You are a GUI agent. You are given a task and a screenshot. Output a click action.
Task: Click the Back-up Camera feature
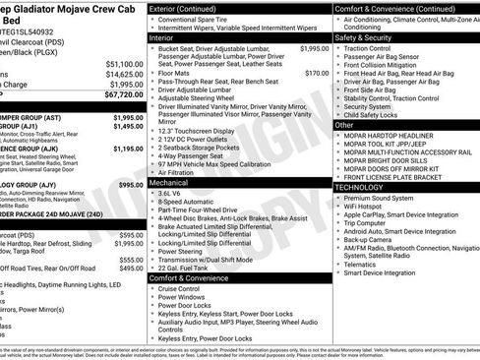(376, 239)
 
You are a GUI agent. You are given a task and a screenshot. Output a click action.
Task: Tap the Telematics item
(367, 264)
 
